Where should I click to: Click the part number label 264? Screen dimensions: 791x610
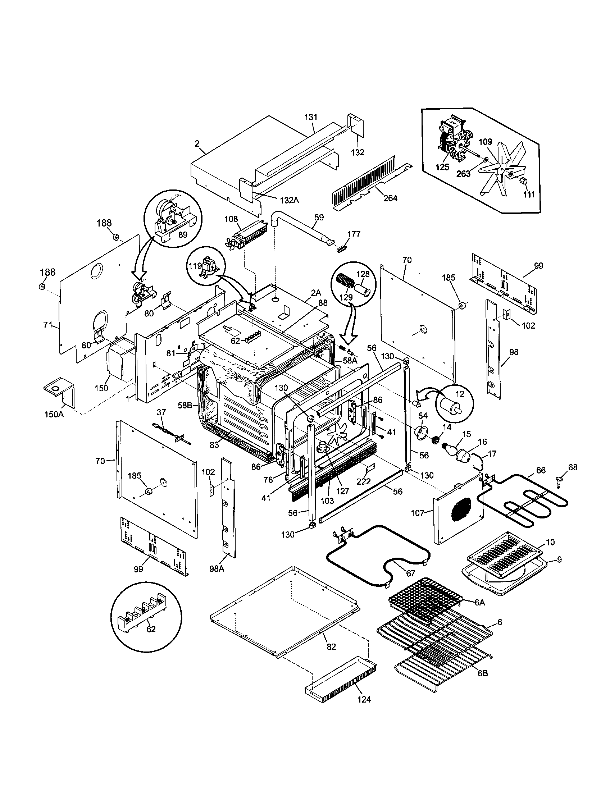click(390, 198)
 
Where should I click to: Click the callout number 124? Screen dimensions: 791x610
click(364, 699)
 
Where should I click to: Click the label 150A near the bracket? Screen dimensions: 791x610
click(54, 414)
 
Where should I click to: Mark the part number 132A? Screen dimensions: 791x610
click(289, 200)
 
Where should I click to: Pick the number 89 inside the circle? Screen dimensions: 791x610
click(183, 234)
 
